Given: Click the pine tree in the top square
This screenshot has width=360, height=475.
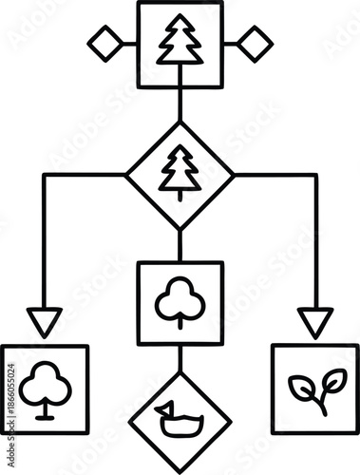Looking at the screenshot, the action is (x=180, y=42).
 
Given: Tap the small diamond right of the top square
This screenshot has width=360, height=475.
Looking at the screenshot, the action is (x=255, y=43).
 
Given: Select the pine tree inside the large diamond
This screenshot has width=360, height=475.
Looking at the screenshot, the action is (x=180, y=174).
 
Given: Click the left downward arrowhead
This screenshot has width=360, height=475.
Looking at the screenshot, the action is (x=44, y=321).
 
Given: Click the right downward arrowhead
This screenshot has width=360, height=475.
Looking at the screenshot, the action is (x=315, y=321).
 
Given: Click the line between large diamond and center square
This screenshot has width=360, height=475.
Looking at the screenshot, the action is (x=180, y=245).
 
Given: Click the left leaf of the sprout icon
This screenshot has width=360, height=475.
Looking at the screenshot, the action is (x=303, y=389).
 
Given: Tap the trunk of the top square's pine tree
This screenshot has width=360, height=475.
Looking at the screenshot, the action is (x=180, y=62).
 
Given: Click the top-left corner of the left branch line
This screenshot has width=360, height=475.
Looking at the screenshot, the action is (x=44, y=175).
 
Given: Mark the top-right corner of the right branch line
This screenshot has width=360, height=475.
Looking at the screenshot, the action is (x=315, y=175).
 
